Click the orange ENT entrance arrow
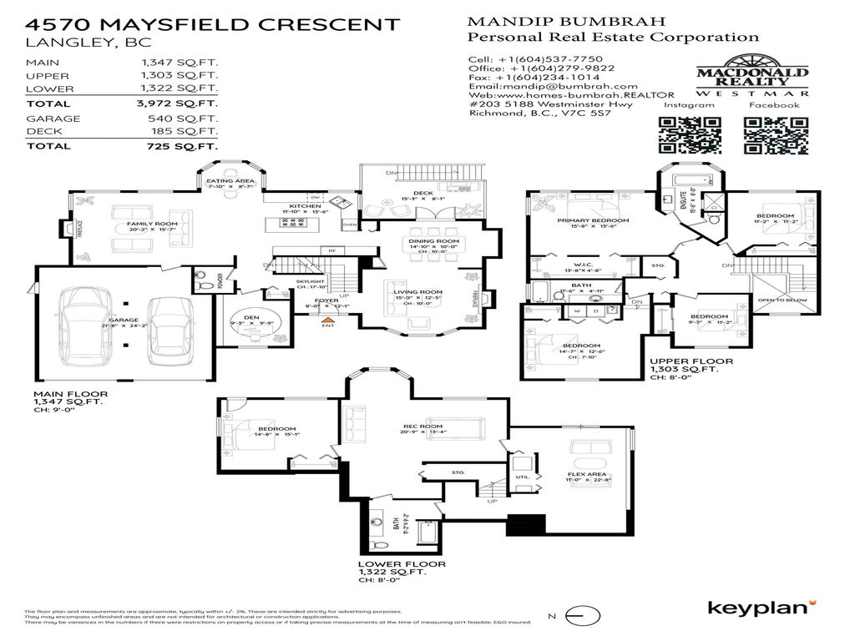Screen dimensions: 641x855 (x=329, y=317)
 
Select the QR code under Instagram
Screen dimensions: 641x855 (x=690, y=135)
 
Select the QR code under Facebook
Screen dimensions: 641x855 (x=772, y=135)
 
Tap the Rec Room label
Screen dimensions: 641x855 (x=423, y=426)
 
